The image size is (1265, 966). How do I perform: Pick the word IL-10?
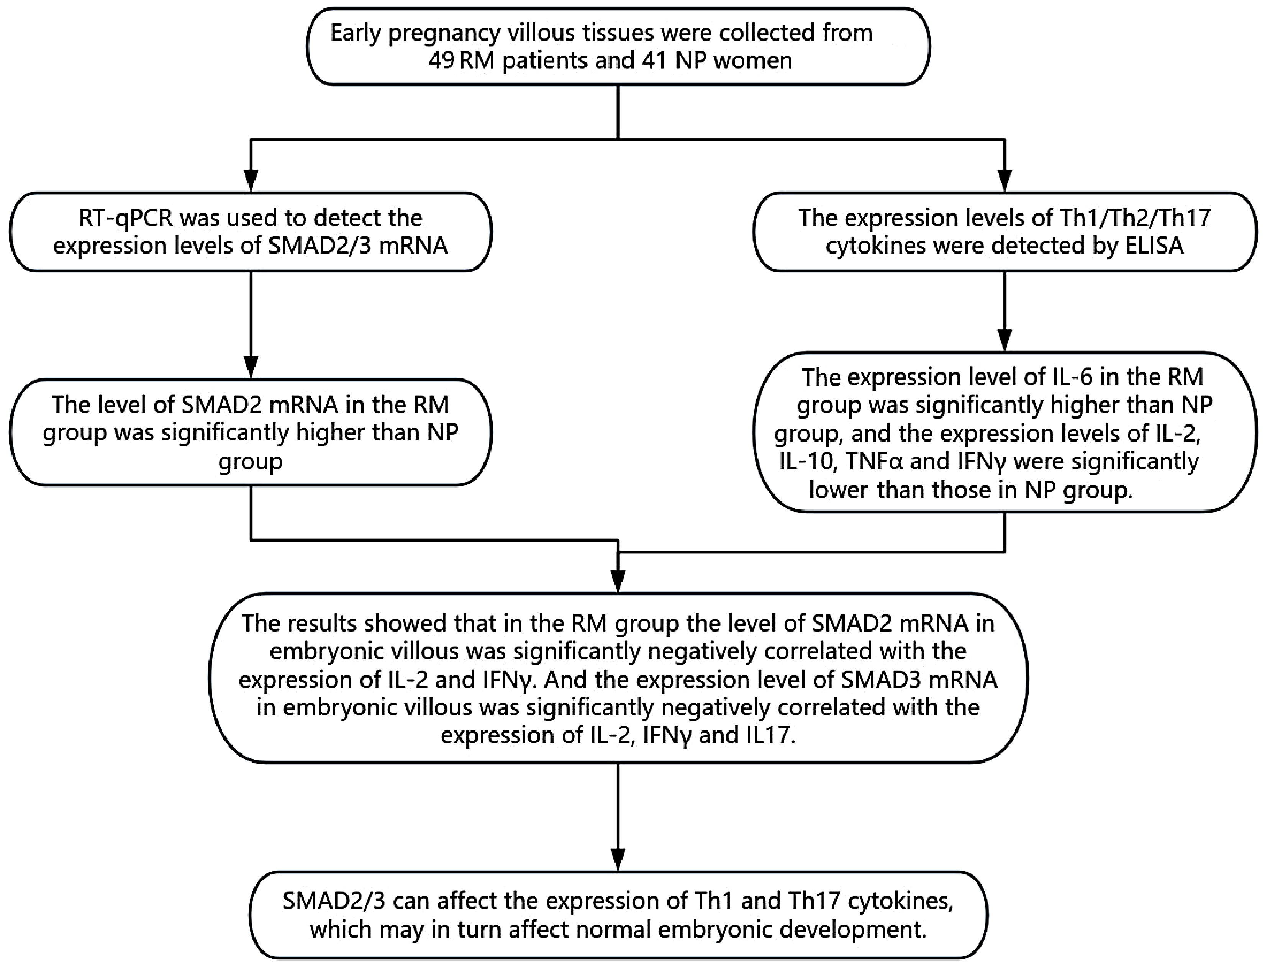(x=801, y=462)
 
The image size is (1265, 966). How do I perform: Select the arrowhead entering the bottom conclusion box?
(x=618, y=860)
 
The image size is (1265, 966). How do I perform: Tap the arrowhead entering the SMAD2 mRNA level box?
(x=251, y=366)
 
